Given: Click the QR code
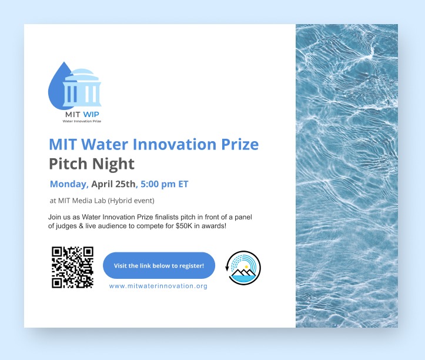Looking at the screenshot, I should tap(72, 266).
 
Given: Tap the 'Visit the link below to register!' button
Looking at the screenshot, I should tap(159, 266).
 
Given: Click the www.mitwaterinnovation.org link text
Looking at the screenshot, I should tap(158, 286).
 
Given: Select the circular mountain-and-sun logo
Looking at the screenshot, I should tap(243, 268).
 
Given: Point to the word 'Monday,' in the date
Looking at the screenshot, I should tap(69, 184).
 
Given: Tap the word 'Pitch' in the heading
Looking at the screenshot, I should tap(68, 163).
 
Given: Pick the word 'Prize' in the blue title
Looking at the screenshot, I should tap(237, 144).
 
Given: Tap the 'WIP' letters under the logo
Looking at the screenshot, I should tap(91, 114).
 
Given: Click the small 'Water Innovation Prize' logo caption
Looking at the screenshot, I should tap(82, 121).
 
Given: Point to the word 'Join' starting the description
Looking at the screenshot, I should tap(55, 218).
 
